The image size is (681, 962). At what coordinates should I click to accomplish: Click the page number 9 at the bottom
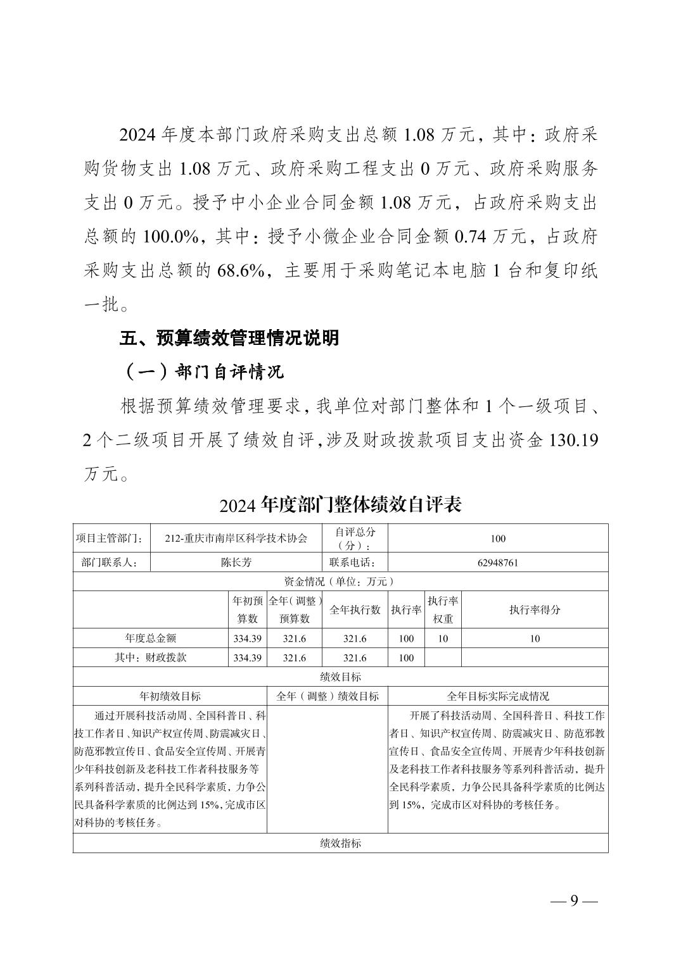coord(575,901)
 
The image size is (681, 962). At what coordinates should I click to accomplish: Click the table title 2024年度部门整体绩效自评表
coord(340,504)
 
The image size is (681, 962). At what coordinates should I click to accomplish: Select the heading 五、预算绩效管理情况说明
coord(229,338)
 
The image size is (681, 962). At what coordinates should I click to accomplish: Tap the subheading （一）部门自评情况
coord(202,372)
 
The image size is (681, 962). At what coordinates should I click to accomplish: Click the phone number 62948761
coord(497,562)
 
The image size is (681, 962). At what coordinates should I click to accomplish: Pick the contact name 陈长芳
coord(236,562)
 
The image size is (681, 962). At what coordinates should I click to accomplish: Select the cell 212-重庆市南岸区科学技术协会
coord(236,539)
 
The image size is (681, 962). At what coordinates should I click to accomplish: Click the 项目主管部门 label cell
coord(111,539)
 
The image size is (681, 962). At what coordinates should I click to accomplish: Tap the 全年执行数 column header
coord(355,609)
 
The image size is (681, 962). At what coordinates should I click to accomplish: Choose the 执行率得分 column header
coord(535,609)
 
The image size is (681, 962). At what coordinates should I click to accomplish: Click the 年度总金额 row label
coord(150,639)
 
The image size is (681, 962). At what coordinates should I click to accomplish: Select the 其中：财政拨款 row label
coord(150,658)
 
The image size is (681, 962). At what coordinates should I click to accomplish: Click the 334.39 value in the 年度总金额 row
coord(247,639)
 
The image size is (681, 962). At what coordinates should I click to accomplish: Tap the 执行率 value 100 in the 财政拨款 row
coord(406,658)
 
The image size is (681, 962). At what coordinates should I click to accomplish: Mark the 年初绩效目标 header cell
coord(170,696)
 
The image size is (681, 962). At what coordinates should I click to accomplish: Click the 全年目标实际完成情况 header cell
coord(498,696)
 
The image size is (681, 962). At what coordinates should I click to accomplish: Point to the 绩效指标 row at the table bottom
coord(340,843)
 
